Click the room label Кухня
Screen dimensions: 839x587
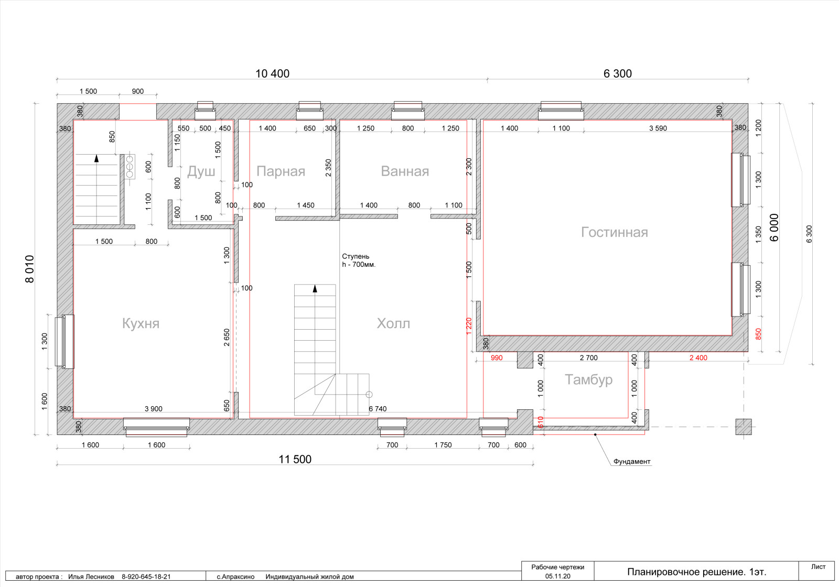pyautogui.click(x=141, y=323)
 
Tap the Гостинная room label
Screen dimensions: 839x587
pyautogui.click(x=614, y=233)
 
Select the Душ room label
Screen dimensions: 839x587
pyautogui.click(x=201, y=172)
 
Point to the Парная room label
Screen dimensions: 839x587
pyautogui.click(x=281, y=171)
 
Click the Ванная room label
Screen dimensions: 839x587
pyautogui.click(x=405, y=171)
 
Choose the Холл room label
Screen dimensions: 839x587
pyautogui.click(x=393, y=323)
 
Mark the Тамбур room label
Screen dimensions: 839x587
pyautogui.click(x=588, y=379)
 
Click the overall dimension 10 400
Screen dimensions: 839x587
pyautogui.click(x=272, y=74)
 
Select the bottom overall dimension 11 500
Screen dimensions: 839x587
pyautogui.click(x=295, y=459)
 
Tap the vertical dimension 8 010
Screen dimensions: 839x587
pyautogui.click(x=29, y=269)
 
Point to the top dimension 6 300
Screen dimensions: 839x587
pyautogui.click(x=618, y=74)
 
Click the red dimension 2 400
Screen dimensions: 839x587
pyautogui.click(x=698, y=358)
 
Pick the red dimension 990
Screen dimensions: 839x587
pyautogui.click(x=497, y=358)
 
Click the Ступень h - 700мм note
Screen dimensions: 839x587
pyautogui.click(x=359, y=260)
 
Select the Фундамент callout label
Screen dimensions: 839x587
pyautogui.click(x=632, y=462)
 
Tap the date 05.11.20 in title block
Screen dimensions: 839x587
pyautogui.click(x=558, y=577)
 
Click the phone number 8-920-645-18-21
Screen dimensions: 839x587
pyautogui.click(x=146, y=577)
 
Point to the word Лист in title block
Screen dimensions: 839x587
pyautogui.click(x=819, y=567)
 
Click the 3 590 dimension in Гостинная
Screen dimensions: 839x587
pyautogui.click(x=658, y=128)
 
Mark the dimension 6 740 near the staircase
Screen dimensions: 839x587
pyautogui.click(x=378, y=409)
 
